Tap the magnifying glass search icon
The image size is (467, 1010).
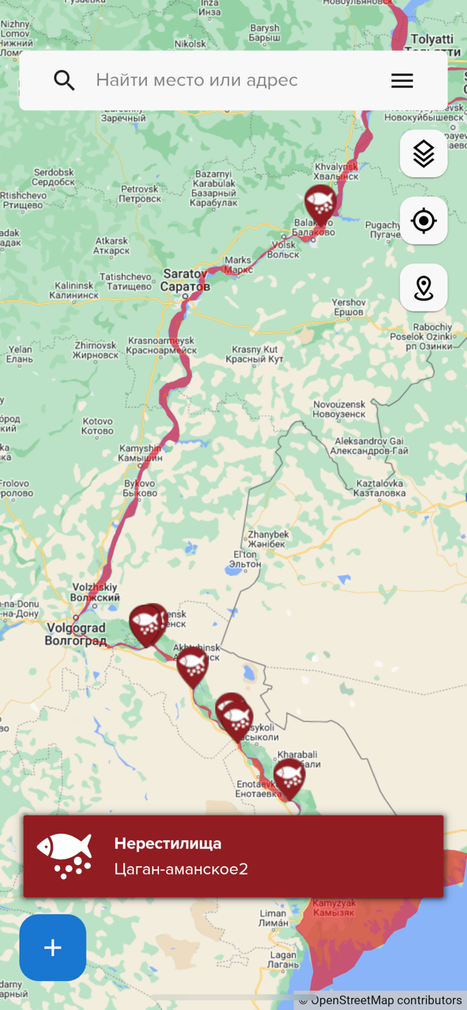point(64,80)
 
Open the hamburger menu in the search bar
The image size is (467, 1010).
point(402,81)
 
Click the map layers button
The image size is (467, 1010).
point(423,154)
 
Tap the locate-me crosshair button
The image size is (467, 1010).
point(423,221)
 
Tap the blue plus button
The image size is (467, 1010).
point(53,947)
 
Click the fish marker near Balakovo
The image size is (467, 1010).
point(320,203)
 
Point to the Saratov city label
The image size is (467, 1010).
point(185,280)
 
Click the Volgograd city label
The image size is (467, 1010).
point(75,634)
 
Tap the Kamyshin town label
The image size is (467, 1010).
point(141,453)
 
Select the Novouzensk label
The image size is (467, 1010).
point(340,409)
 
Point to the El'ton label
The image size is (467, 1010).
point(245,559)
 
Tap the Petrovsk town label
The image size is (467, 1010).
point(140,194)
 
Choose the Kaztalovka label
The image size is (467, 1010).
point(380,488)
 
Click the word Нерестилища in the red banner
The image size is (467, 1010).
point(168,843)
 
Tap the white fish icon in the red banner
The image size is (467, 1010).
point(65,856)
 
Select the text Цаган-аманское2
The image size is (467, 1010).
point(181,869)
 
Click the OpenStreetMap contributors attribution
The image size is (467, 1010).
point(381,1001)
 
